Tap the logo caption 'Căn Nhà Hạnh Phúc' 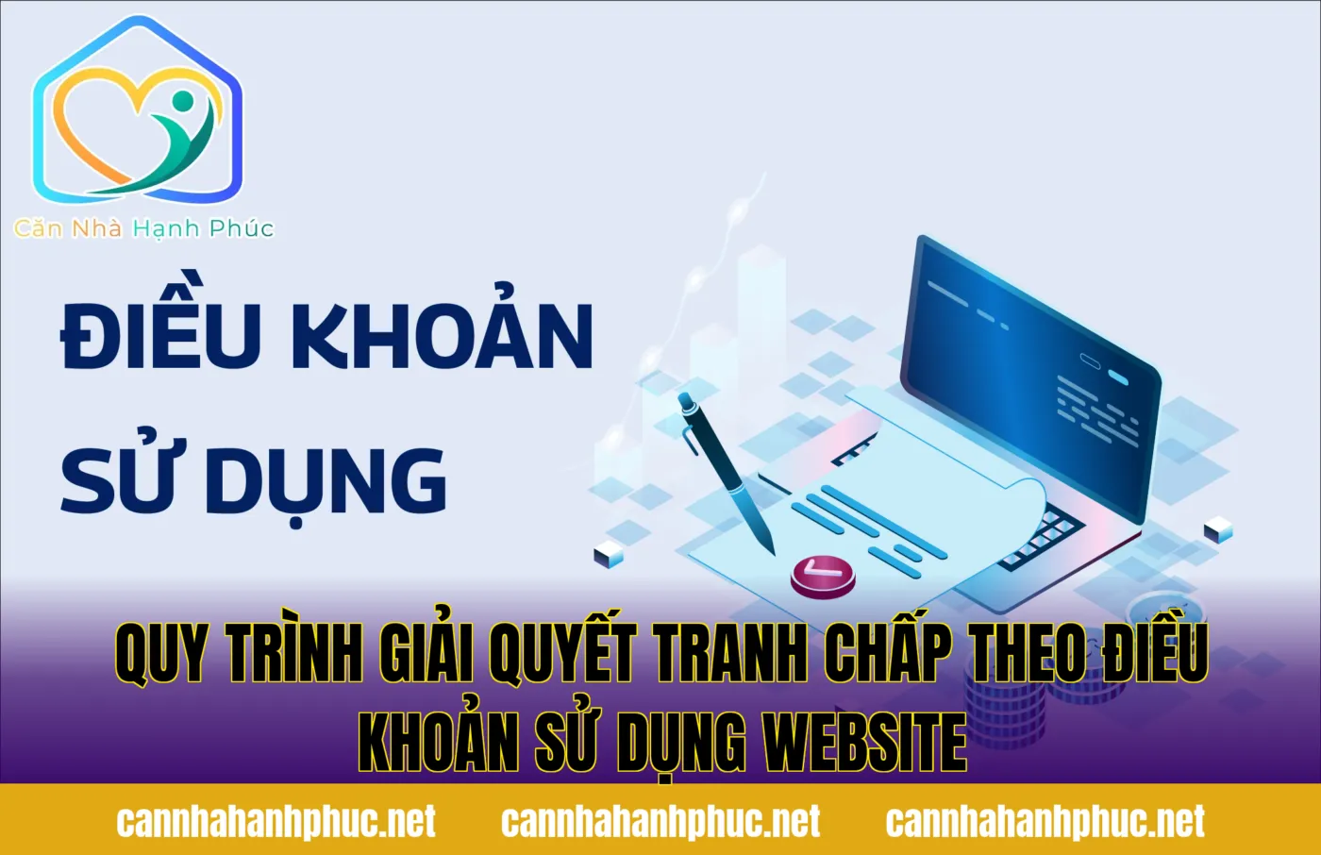coord(143,228)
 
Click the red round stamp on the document coord(822,574)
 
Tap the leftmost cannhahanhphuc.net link coord(276,821)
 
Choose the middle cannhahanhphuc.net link coord(660,821)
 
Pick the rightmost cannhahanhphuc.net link coord(1045,821)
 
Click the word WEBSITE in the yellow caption coord(864,743)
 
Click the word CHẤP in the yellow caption coord(887,653)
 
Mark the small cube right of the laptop coord(1218,530)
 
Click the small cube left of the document coord(609,556)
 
